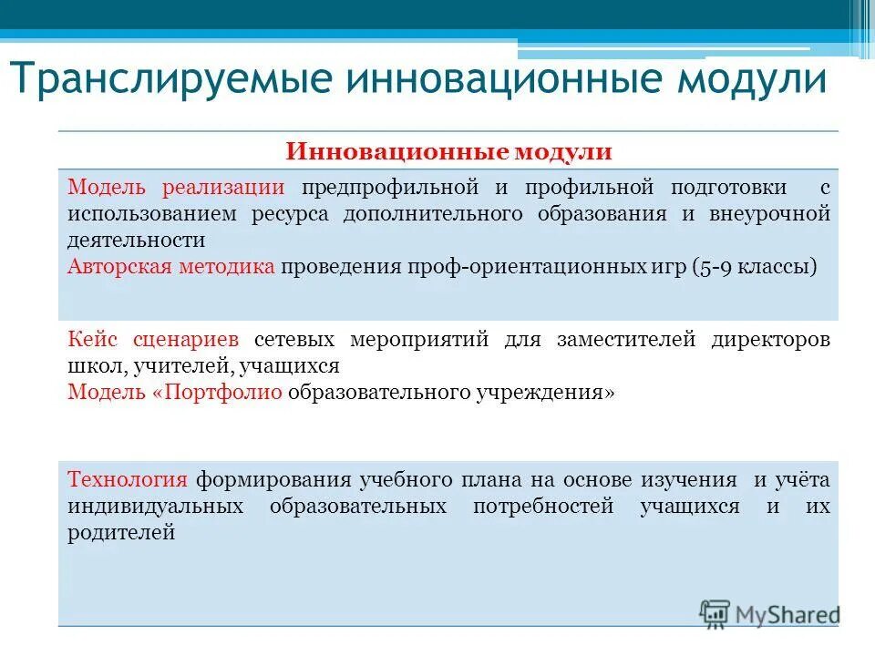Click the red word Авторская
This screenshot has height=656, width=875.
tap(115, 267)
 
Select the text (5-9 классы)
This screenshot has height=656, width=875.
tap(753, 267)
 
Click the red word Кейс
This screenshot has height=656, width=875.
tap(91, 340)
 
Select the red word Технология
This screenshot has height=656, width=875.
tap(128, 480)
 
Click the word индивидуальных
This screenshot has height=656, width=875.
tap(156, 507)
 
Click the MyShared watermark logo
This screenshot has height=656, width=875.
tap(769, 612)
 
